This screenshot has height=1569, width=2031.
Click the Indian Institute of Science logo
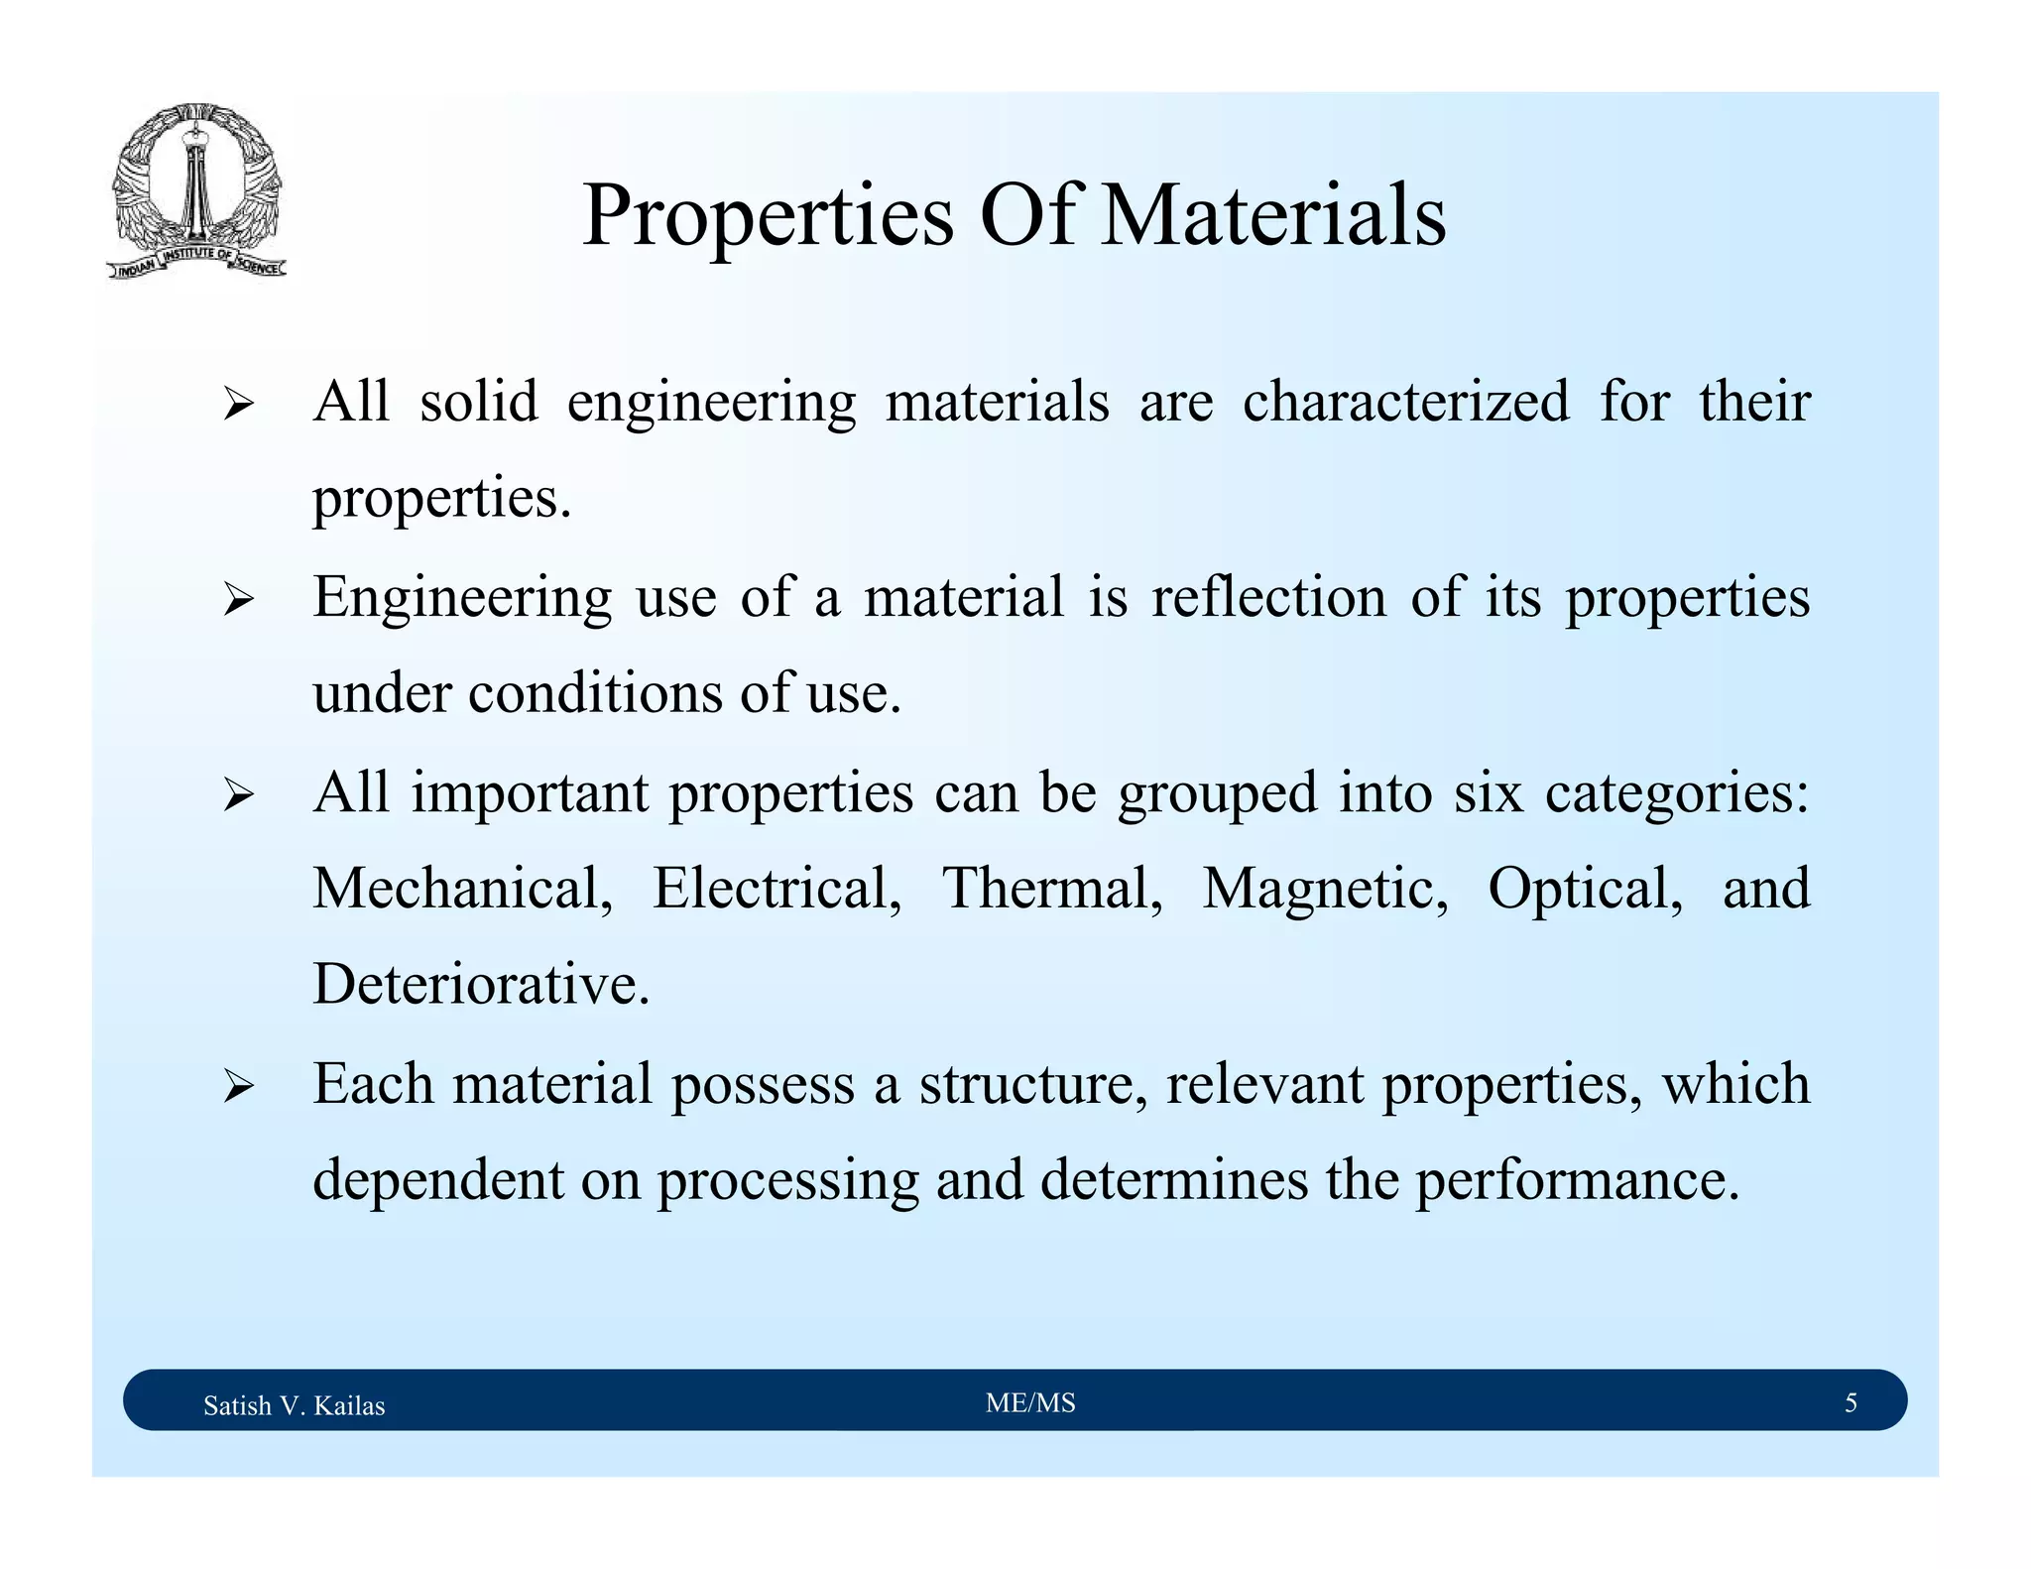(196, 190)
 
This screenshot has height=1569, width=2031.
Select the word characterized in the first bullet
(1405, 402)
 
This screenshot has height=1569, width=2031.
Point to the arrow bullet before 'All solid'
(239, 405)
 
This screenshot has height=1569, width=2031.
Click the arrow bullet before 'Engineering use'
(239, 599)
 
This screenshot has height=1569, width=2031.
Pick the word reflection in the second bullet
(1268, 596)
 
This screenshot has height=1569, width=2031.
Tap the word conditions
(595, 692)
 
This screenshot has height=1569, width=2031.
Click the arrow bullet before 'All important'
(239, 794)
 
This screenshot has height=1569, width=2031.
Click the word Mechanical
(462, 888)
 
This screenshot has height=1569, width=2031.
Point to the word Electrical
(777, 888)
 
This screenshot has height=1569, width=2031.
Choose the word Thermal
(1051, 888)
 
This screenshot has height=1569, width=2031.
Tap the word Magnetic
(1325, 890)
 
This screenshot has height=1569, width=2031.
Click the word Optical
(1585, 890)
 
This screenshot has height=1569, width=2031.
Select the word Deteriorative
(481, 985)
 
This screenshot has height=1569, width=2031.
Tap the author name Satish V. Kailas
(294, 1405)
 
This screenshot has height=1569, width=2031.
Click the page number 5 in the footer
(1851, 1402)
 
